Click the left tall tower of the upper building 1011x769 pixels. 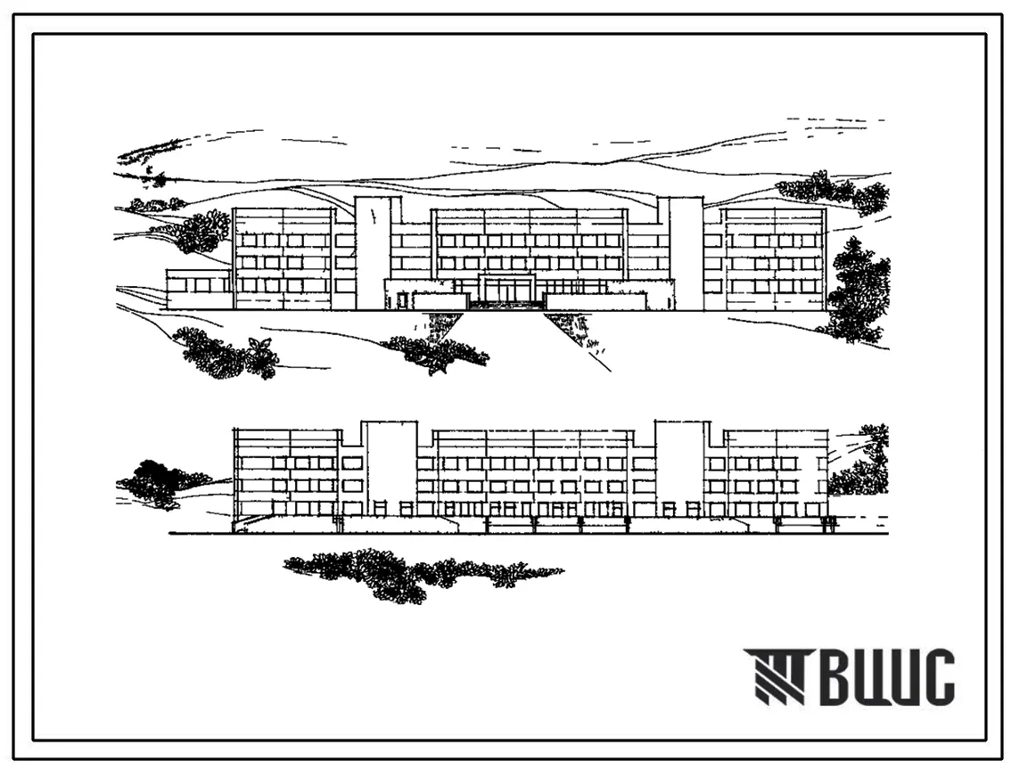point(372,253)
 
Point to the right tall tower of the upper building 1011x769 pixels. point(685,253)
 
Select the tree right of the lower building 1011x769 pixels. point(863,463)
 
